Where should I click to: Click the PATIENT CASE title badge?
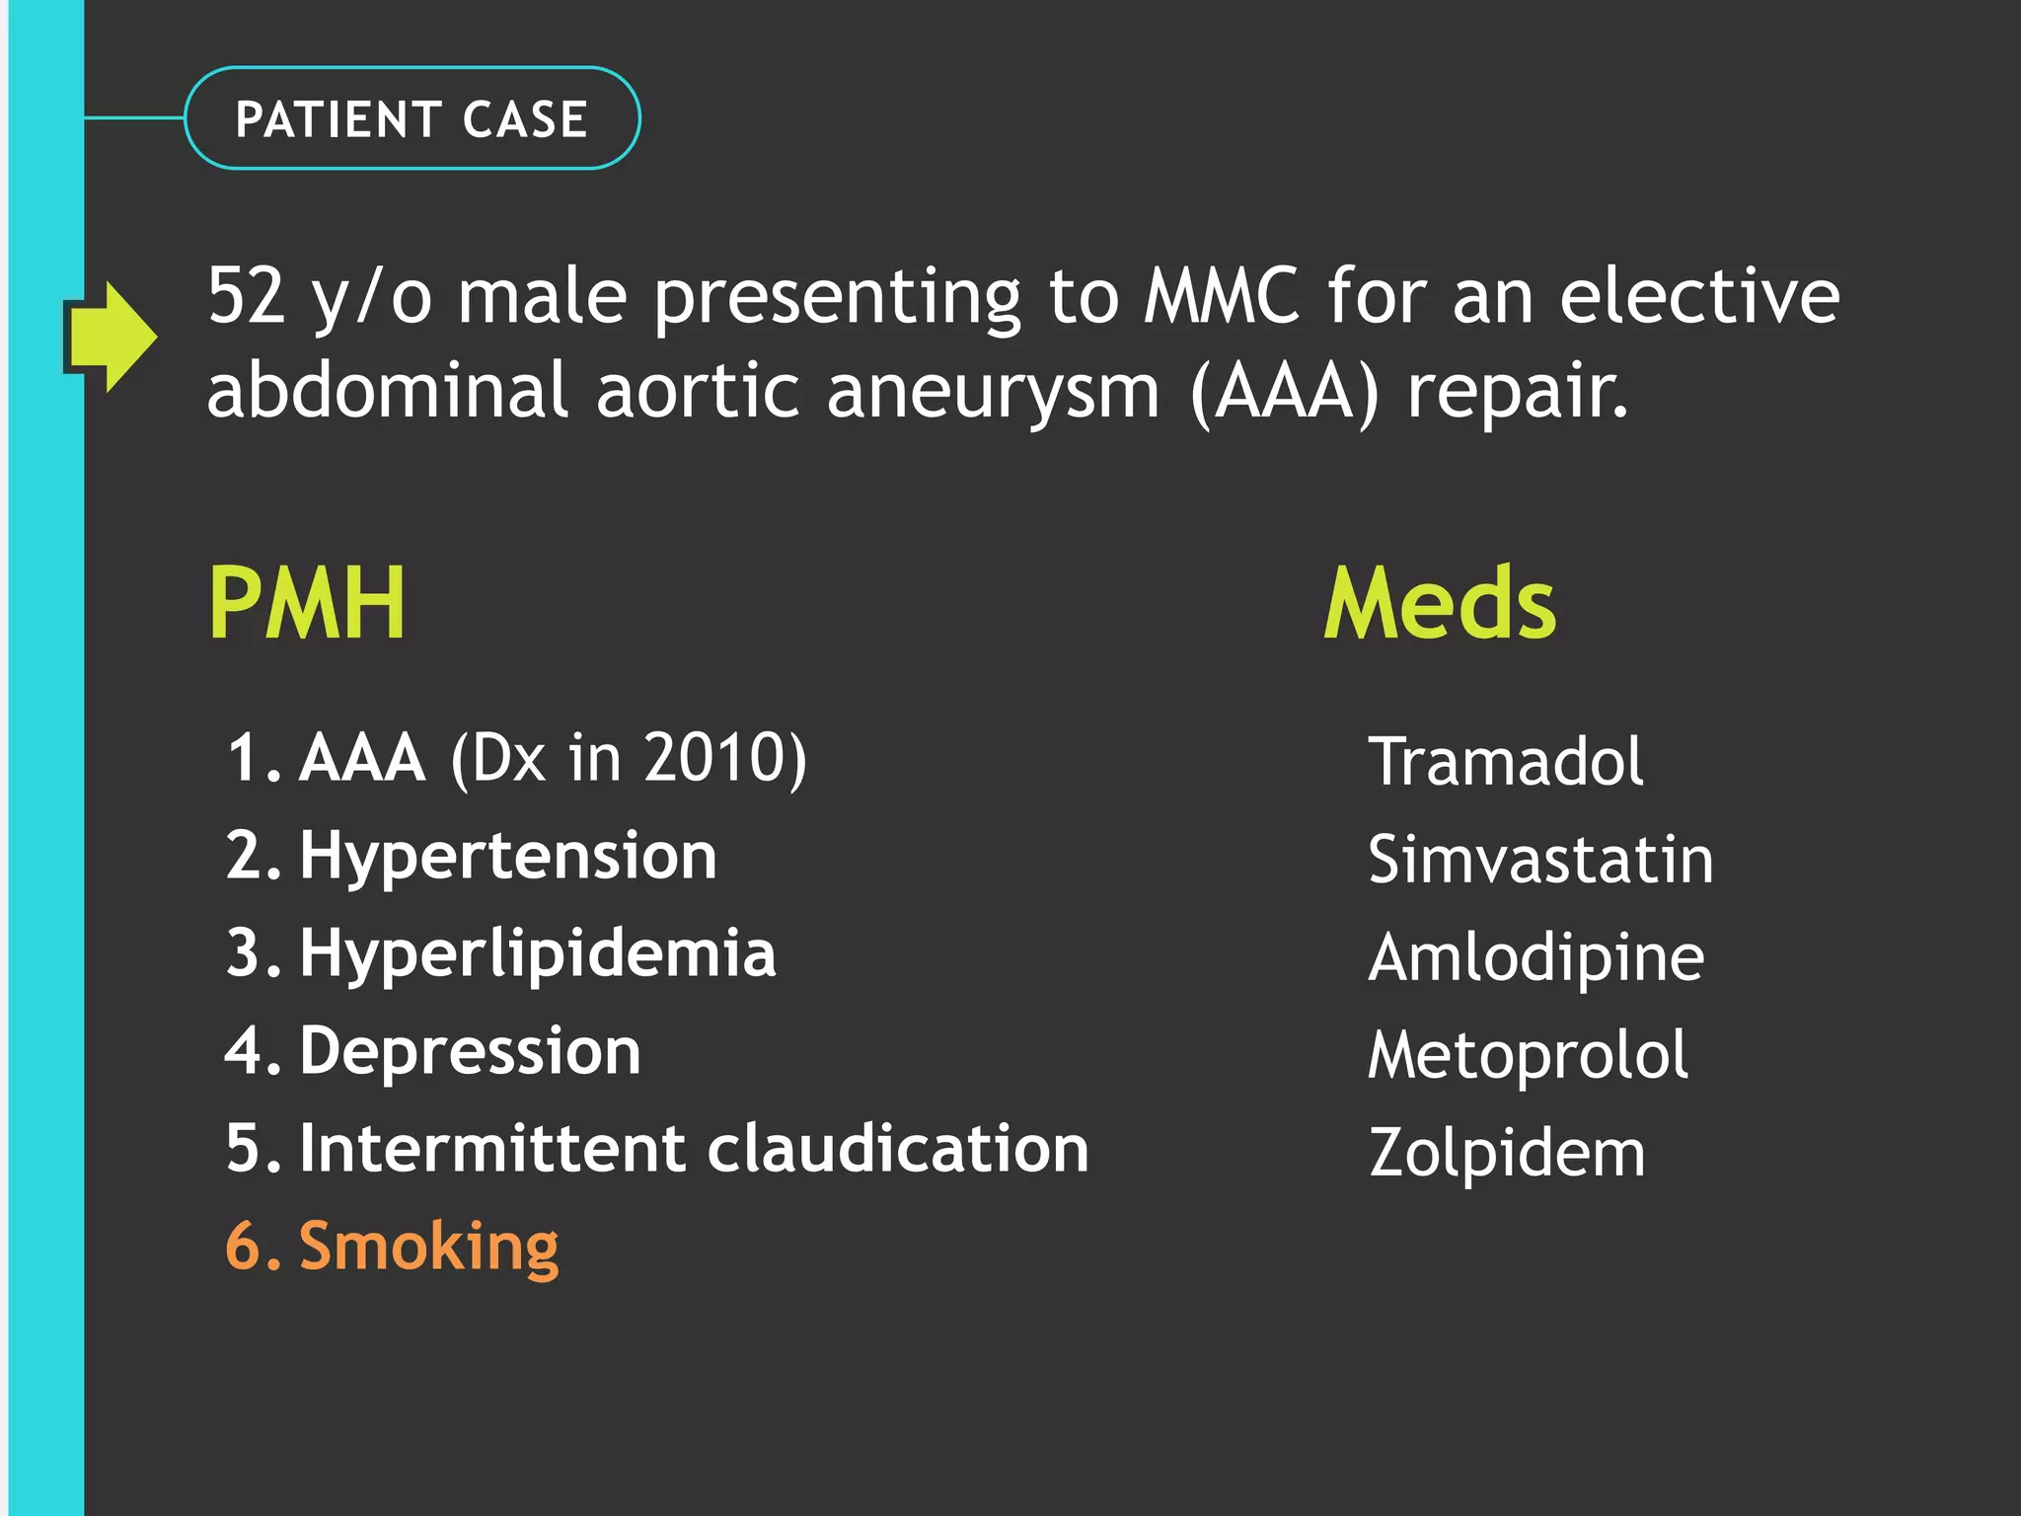tap(412, 118)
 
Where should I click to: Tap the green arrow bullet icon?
tap(111, 337)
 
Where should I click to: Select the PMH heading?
tap(307, 603)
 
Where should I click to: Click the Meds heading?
tap(1439, 603)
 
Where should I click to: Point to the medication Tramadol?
tap(1505, 761)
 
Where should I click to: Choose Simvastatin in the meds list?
tap(1539, 859)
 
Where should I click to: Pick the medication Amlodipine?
tap(1535, 957)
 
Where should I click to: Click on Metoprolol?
tap(1528, 1055)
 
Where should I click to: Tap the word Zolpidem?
tap(1507, 1153)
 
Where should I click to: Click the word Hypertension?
tap(508, 856)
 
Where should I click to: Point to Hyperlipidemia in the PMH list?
tap(538, 954)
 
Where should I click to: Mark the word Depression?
tap(470, 1051)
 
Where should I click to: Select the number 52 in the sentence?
tap(247, 295)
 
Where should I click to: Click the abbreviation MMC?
tap(1222, 295)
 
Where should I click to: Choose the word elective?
tap(1699, 295)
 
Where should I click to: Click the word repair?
tap(1517, 392)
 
